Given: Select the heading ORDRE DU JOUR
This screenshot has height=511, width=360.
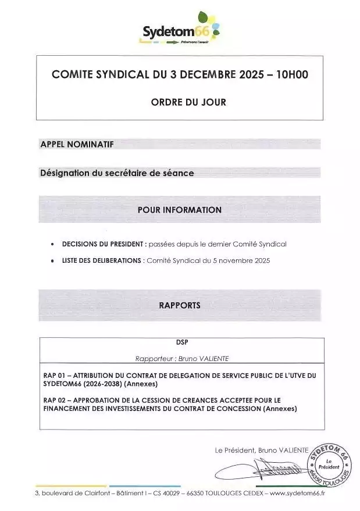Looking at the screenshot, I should [180, 102].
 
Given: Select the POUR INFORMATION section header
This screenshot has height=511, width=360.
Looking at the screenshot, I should [180, 210].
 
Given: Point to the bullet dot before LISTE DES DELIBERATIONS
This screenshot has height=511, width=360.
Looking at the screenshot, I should [54, 260].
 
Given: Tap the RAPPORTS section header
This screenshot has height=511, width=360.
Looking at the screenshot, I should [180, 305].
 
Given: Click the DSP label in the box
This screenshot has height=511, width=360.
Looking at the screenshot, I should [180, 342].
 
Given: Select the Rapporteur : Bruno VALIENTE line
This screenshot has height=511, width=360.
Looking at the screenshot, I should [180, 359].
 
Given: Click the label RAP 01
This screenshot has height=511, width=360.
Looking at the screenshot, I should [54, 376].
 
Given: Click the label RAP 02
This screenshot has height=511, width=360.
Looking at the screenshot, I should [54, 401].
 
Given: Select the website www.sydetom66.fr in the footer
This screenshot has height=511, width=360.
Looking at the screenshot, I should [298, 493].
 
